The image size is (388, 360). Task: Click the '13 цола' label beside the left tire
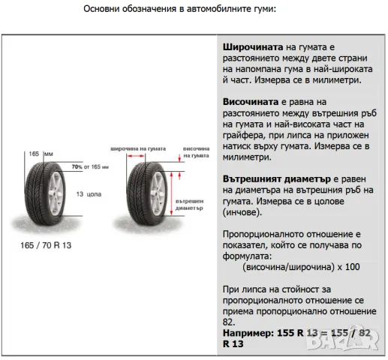point(88,193)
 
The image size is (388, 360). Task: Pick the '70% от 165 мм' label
point(89,166)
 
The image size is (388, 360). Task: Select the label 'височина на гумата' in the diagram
point(195,152)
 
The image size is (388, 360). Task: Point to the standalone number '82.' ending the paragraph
point(229,320)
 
